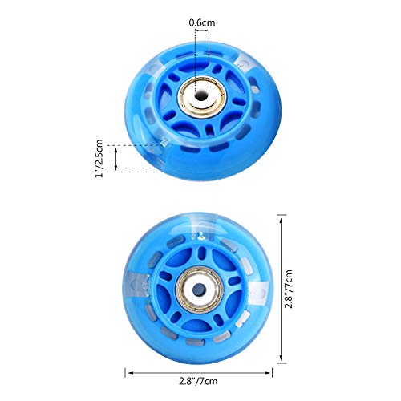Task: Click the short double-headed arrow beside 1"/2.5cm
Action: click(117, 158)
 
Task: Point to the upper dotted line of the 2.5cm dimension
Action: click(136, 145)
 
